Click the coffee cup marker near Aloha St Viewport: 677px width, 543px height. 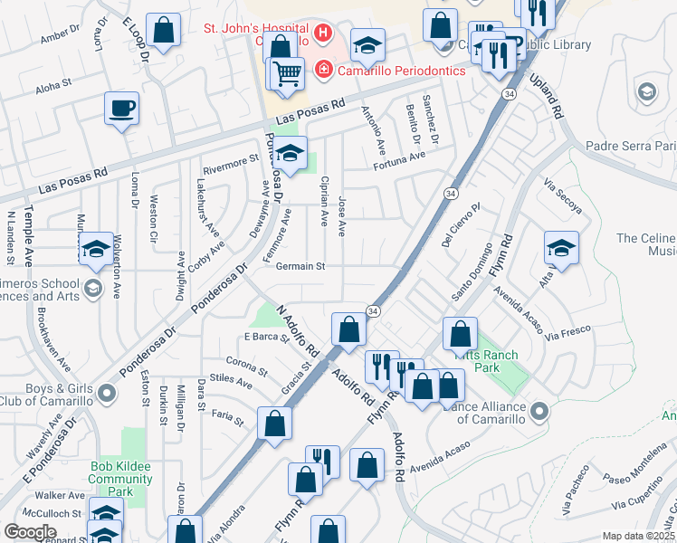click(121, 110)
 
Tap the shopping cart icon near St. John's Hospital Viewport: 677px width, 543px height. click(288, 74)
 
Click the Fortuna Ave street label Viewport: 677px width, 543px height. click(399, 156)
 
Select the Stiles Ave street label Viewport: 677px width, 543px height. click(230, 382)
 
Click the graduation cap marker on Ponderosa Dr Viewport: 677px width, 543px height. click(291, 155)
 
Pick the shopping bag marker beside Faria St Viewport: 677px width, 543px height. click(274, 424)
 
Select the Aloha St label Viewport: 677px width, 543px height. click(53, 88)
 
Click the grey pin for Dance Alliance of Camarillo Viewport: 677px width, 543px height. click(540, 412)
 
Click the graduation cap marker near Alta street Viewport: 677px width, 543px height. click(561, 250)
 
